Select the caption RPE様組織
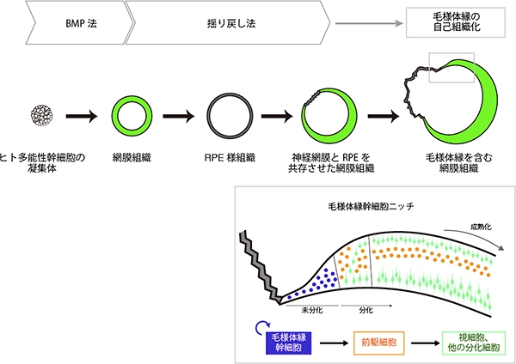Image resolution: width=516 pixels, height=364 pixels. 227,158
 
